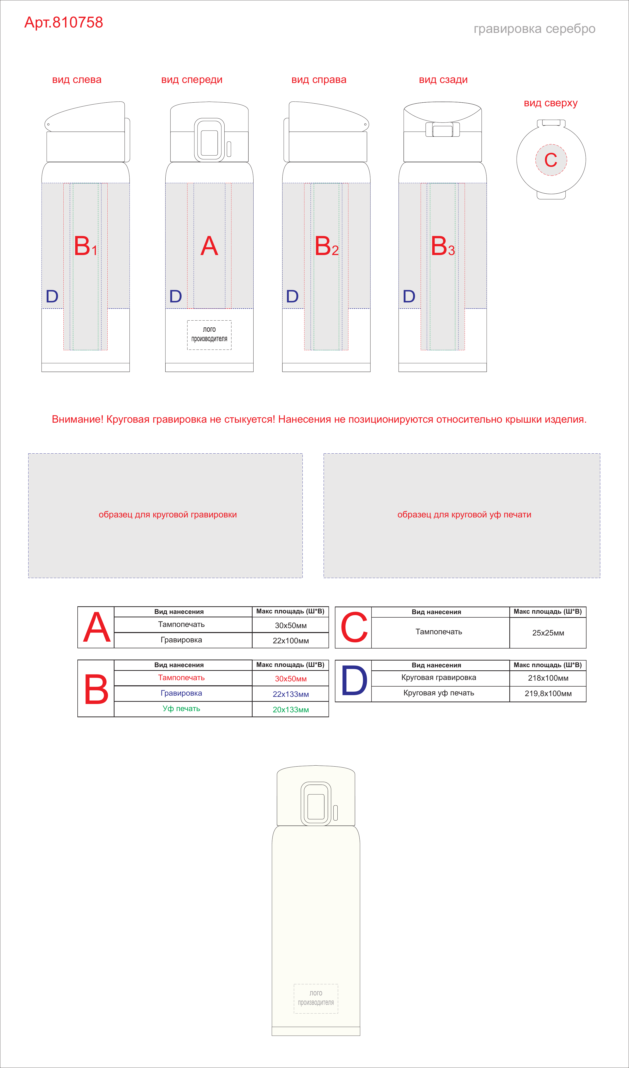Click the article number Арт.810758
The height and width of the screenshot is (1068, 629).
[x=64, y=23]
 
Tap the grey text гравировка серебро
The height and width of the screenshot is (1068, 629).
[x=534, y=29]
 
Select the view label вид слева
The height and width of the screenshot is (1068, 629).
[x=77, y=80]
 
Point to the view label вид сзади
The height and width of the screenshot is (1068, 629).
[x=443, y=80]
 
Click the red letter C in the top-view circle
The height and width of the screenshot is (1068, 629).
[x=551, y=160]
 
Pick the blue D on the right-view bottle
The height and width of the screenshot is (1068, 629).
[x=292, y=296]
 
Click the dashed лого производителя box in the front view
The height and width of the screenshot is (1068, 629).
[x=209, y=335]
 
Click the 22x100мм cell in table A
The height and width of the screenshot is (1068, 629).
[x=290, y=640]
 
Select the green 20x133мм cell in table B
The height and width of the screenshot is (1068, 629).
[x=290, y=709]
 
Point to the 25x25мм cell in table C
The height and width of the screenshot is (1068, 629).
[x=548, y=633]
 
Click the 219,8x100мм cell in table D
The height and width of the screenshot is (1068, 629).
[x=548, y=693]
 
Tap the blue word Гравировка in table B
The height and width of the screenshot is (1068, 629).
[x=181, y=693]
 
